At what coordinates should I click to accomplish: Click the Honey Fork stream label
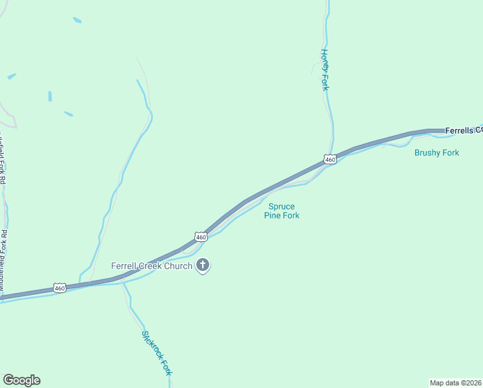click(325, 70)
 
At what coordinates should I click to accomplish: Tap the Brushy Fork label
click(437, 153)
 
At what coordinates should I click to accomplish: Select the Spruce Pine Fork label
click(282, 211)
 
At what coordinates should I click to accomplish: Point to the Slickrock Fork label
click(157, 352)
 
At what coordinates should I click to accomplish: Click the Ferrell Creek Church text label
click(152, 266)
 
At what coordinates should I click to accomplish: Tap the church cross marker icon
click(203, 264)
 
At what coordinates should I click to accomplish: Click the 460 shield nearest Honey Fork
click(330, 159)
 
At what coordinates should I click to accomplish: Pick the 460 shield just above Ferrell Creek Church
click(201, 237)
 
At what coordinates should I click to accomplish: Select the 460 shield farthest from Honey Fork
click(59, 288)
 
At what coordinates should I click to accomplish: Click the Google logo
click(21, 380)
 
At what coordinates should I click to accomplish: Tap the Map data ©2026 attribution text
click(455, 382)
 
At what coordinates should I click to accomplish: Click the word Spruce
click(282, 207)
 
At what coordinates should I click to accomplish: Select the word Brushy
click(427, 153)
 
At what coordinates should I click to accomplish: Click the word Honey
click(325, 60)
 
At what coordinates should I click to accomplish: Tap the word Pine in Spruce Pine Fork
click(273, 216)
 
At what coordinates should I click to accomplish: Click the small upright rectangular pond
click(50, 96)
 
